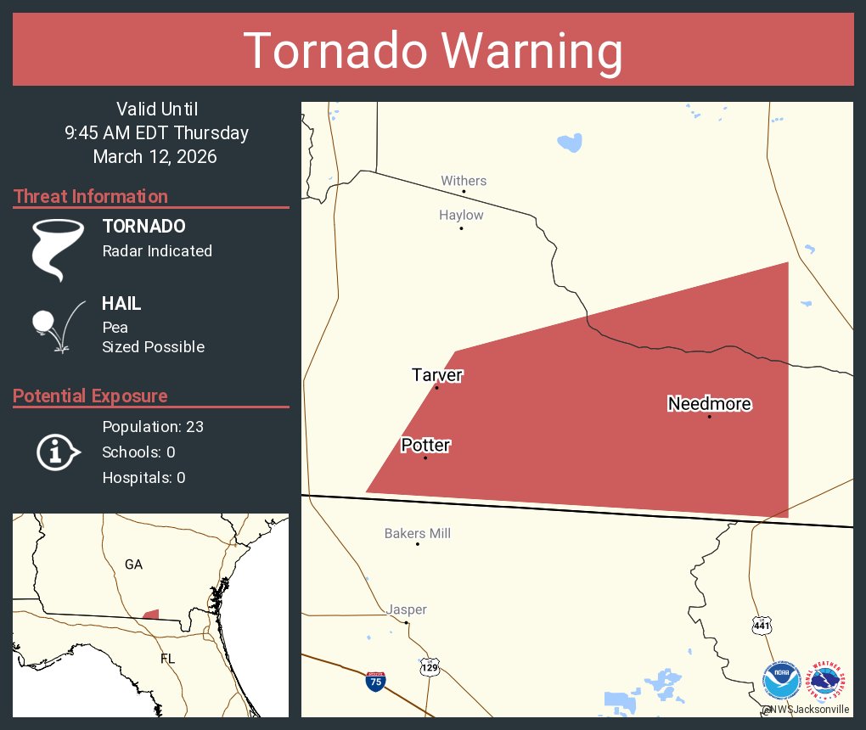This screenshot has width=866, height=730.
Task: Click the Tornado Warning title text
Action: (x=433, y=51)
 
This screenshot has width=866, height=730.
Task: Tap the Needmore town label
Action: (x=709, y=404)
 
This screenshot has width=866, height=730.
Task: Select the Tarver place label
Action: (x=437, y=375)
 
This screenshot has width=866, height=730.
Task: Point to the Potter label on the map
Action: (x=425, y=445)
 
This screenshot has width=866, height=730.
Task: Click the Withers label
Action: (x=464, y=181)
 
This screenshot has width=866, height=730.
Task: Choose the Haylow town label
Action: (x=461, y=216)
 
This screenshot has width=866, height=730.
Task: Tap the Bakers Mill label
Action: (x=417, y=534)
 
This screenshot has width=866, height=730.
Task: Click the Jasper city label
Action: (x=407, y=609)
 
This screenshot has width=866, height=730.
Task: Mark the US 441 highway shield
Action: (x=762, y=626)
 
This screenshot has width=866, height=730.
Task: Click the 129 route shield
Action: (x=430, y=668)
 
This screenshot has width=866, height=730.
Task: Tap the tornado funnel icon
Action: (x=57, y=249)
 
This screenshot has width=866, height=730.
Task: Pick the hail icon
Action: (x=56, y=325)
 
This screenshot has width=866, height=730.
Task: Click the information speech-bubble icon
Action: (x=57, y=452)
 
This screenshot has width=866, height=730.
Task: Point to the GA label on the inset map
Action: (x=133, y=564)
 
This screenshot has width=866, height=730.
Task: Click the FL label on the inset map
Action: (x=167, y=659)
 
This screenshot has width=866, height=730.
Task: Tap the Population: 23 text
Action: (x=153, y=426)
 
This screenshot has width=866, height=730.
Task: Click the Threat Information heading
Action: (x=91, y=196)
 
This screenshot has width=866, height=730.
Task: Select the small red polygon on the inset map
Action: (x=150, y=615)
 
